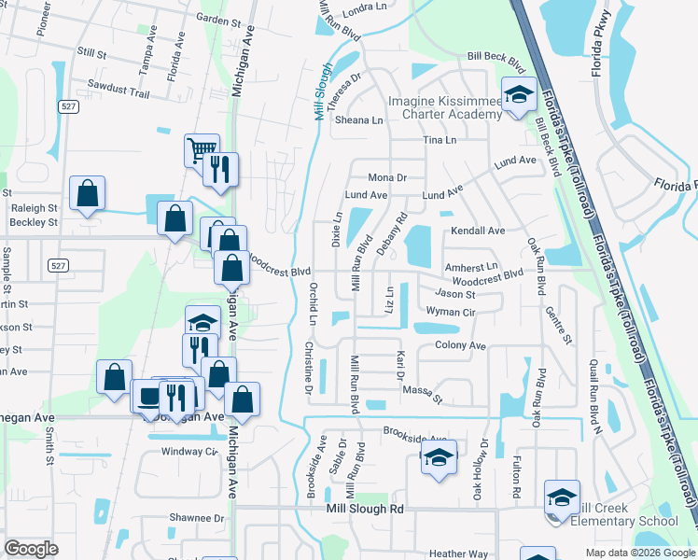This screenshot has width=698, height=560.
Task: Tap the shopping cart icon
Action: coord(201,149)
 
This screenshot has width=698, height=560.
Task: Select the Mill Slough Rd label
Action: coord(365,510)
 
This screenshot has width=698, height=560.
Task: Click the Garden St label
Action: coord(219,19)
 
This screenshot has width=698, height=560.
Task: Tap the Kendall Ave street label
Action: coord(478,231)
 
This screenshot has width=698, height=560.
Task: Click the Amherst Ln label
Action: coord(472,267)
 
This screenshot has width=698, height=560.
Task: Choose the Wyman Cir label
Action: coord(451,312)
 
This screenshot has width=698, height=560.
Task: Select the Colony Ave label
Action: coord(461,345)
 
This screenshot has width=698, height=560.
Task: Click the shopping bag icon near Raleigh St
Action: coord(87,194)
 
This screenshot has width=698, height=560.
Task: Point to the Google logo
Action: coord(32,549)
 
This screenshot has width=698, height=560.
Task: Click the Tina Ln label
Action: coord(440,140)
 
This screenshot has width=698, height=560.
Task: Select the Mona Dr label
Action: coord(388,177)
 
